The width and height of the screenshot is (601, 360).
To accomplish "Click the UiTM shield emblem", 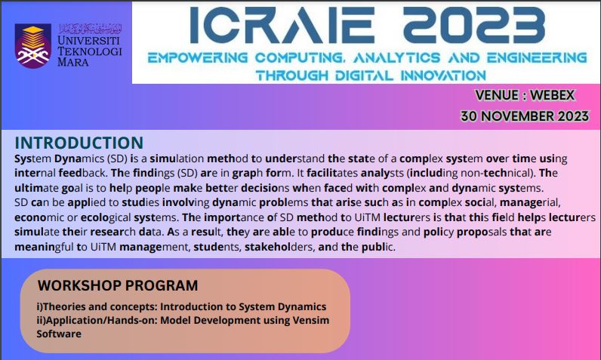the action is pos(33,46).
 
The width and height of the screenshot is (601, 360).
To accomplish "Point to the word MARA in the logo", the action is pos(72,62).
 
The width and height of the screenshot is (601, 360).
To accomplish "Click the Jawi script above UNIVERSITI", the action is pos(90,29).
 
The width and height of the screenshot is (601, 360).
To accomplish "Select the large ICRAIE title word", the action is pos(282,25).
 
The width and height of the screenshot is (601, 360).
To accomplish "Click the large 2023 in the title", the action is pos(474,25).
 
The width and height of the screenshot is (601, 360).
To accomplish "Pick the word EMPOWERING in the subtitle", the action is pos(198,58).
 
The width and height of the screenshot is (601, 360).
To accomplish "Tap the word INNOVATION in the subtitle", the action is pos(443,75).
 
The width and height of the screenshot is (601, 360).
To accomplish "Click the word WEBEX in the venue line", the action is pos(553,95).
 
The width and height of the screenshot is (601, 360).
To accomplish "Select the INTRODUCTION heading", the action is pos(79,143).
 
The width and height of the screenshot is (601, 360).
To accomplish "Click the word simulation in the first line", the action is pos(177,158).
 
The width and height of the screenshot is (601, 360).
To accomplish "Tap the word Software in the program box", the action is pos(59,334).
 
